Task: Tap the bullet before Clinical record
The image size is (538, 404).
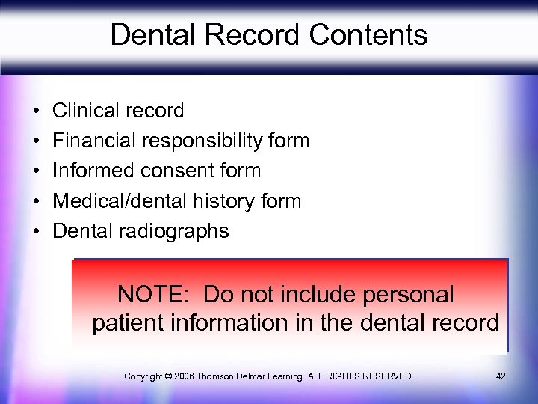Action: tap(36, 111)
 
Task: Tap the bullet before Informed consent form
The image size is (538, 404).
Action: tap(36, 171)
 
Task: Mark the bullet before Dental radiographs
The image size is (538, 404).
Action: tap(36, 231)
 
